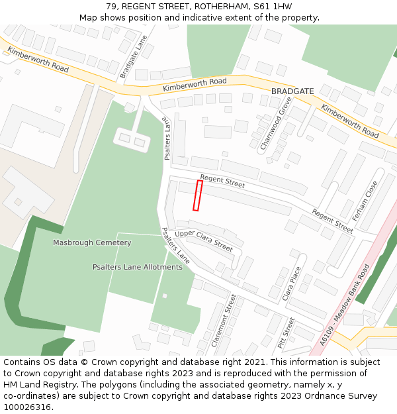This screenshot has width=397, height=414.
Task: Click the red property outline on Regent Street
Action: (197, 195)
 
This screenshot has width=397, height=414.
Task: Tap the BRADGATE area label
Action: (292, 91)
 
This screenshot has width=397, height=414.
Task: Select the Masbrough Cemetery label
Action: (92, 243)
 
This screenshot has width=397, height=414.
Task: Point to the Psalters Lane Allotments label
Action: (137, 267)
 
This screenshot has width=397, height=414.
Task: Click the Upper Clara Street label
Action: (204, 241)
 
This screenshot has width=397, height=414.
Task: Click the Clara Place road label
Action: (292, 284)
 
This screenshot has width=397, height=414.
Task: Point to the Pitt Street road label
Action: (287, 333)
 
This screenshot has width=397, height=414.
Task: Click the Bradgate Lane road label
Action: (133, 57)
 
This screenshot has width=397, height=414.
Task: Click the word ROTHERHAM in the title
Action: (222, 6)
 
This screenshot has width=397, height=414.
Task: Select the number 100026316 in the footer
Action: (26, 407)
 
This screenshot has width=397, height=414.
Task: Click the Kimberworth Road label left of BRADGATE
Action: (195, 83)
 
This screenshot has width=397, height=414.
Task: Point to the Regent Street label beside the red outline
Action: (222, 181)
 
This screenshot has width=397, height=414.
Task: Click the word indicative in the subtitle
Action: (198, 17)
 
